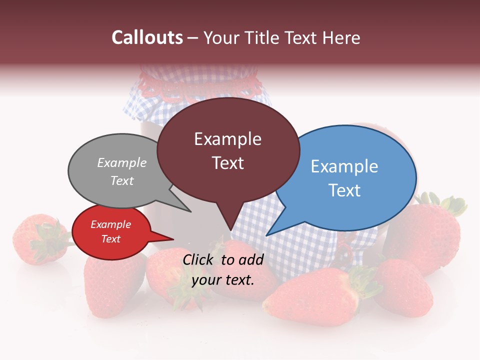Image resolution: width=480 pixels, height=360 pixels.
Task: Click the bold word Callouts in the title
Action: click(x=147, y=37)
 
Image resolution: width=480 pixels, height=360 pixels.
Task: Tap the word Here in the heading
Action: click(x=341, y=37)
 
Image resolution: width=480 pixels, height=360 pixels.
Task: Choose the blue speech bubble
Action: click(x=350, y=177)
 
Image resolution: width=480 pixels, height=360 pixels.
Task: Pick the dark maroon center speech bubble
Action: click(x=228, y=150)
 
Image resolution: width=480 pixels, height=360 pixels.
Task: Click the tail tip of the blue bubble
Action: click(x=267, y=235)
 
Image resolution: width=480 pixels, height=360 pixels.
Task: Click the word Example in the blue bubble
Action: click(x=344, y=166)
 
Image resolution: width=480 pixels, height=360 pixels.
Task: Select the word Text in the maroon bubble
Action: click(x=228, y=163)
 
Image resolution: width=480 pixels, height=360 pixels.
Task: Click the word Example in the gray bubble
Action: click(x=122, y=162)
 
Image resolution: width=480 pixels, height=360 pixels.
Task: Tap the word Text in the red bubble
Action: click(x=111, y=239)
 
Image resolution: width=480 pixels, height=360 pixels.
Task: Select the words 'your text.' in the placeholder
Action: click(x=223, y=280)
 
